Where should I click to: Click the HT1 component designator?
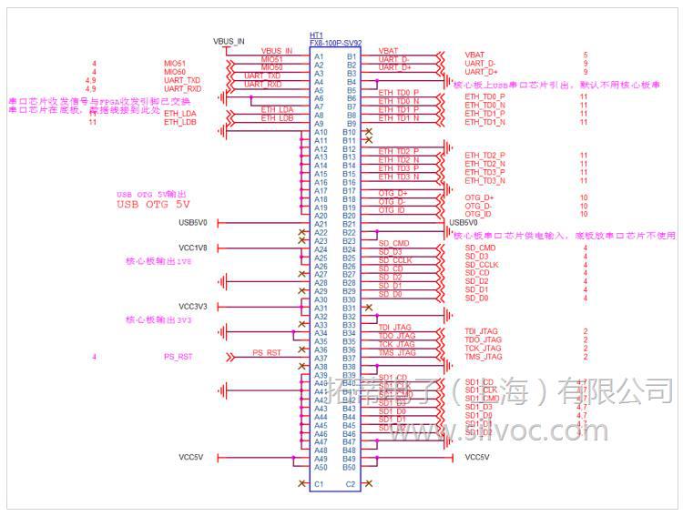click(316, 35)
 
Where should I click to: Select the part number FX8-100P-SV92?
click(335, 43)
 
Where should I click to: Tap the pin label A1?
click(319, 56)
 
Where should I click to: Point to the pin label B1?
click(351, 56)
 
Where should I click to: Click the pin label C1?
click(319, 484)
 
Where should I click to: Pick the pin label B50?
click(350, 467)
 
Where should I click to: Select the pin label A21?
click(320, 224)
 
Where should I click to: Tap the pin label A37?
click(320, 359)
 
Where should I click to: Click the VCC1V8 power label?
click(193, 248)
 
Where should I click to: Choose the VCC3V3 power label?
click(193, 307)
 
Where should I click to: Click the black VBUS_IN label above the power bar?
click(229, 41)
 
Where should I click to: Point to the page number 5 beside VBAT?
click(585, 56)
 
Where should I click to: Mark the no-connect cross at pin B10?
click(368, 132)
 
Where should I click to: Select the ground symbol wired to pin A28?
click(223, 283)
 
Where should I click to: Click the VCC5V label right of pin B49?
click(477, 457)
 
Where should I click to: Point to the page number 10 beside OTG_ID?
click(584, 214)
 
